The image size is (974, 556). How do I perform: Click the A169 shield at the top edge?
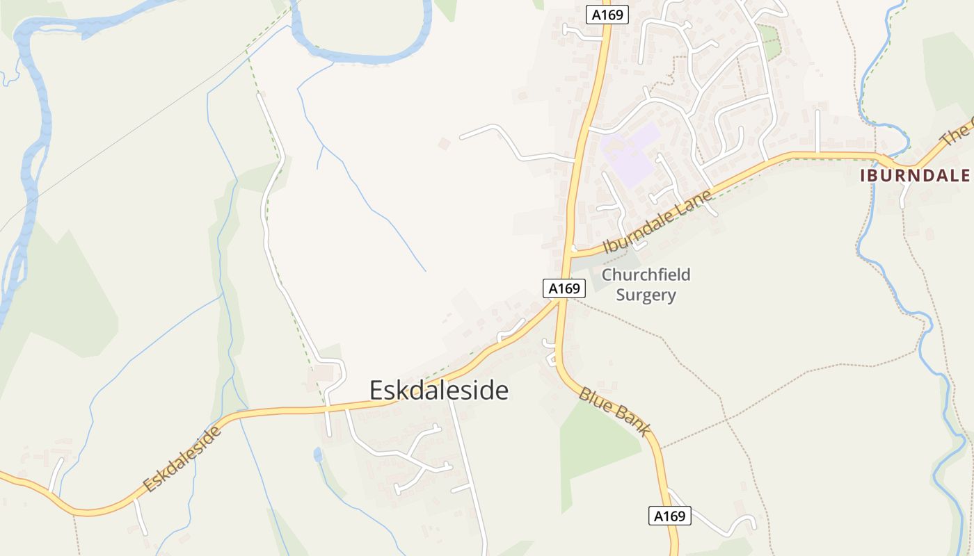click(607, 15)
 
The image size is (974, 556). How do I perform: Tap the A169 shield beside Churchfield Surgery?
click(564, 288)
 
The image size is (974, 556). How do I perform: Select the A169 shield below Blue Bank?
click(670, 516)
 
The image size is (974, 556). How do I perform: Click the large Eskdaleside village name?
click(439, 391)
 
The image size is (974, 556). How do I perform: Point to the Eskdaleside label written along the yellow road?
click(182, 459)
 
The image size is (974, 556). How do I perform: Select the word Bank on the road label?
click(633, 422)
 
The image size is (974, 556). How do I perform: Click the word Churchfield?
click(646, 275)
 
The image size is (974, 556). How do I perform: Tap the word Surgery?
click(646, 295)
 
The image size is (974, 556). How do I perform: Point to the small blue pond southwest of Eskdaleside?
click(318, 455)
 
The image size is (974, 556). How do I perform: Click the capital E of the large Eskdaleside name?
click(376, 391)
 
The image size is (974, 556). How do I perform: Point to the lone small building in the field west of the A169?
click(444, 143)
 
